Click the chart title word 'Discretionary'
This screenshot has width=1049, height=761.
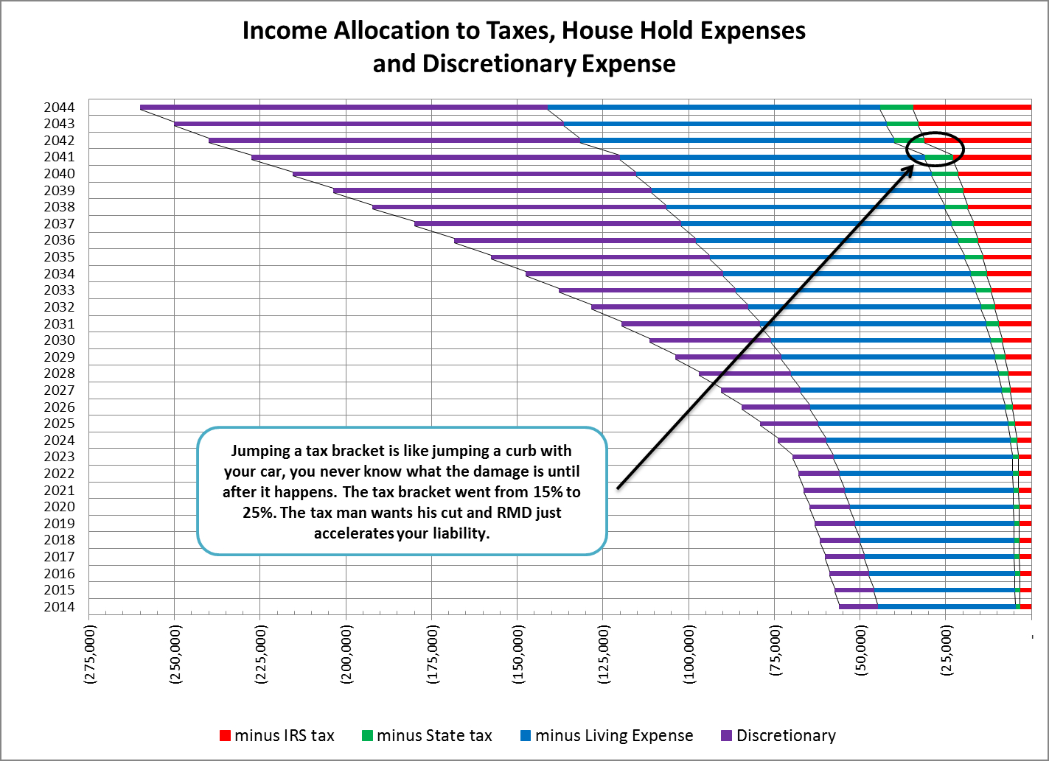tap(498, 64)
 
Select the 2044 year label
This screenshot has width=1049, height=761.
tap(59, 108)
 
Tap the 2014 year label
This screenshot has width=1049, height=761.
tap(59, 607)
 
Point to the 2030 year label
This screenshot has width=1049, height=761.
tap(59, 340)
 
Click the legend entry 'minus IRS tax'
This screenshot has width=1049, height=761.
tap(277, 735)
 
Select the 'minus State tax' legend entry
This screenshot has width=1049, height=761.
tap(428, 735)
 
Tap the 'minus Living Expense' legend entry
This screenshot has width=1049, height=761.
tap(607, 735)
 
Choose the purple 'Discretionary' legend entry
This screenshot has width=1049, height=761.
tap(778, 735)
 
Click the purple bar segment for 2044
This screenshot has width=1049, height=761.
tap(344, 108)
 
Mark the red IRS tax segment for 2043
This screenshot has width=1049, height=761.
tap(974, 124)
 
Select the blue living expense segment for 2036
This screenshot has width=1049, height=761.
tap(826, 240)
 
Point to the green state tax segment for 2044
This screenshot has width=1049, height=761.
tap(896, 108)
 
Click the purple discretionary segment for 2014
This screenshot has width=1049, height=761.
tap(858, 607)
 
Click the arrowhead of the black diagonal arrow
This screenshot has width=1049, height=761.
tap(910, 169)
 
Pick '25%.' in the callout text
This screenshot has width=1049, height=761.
tap(259, 513)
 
